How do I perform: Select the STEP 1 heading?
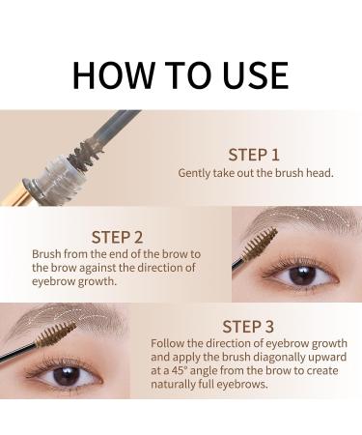click(254, 155)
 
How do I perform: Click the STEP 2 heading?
click(117, 238)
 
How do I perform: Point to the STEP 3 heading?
click(248, 327)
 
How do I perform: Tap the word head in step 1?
click(320, 173)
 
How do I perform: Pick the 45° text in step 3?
click(179, 370)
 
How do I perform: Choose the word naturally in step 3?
click(174, 385)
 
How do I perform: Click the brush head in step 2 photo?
click(260, 244)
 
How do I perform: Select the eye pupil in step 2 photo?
click(302, 275)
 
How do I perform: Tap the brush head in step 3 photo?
click(56, 333)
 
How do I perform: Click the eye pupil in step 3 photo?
click(67, 376)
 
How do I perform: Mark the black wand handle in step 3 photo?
click(17, 353)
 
